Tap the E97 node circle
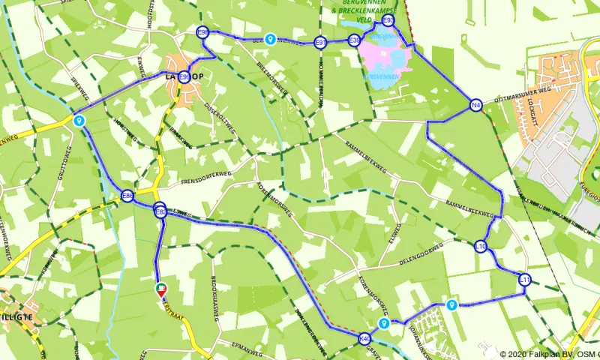click(x=320, y=43)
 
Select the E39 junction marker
click(x=355, y=42)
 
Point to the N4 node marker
click(x=475, y=106)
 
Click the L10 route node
click(x=481, y=246)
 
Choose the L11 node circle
click(x=525, y=280)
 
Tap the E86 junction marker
click(x=127, y=196)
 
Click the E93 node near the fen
click(x=388, y=21)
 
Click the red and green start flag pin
click(x=161, y=289)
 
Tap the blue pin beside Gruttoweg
click(x=78, y=119)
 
